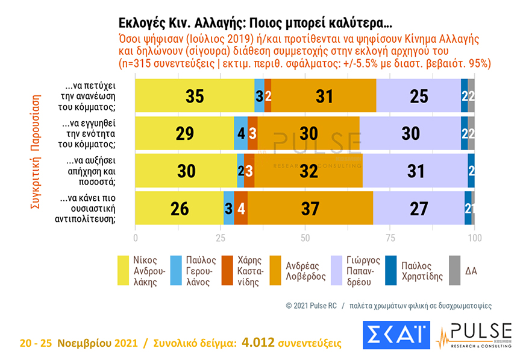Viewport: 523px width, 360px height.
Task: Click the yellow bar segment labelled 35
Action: [195, 95]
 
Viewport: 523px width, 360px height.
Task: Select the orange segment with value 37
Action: [310, 209]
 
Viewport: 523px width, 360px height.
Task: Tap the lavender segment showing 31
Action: [415, 171]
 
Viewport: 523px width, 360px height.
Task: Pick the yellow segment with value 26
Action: [180, 209]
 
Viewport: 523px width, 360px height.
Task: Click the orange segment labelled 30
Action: [308, 133]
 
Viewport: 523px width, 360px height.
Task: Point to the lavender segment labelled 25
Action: [419, 95]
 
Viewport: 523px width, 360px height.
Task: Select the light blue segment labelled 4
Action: [241, 133]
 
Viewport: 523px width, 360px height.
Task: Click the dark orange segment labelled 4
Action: [241, 209]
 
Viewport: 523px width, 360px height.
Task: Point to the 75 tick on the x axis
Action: [390, 238]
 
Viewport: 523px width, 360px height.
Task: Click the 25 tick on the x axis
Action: [220, 238]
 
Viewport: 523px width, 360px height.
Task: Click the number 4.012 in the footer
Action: [258, 343]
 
